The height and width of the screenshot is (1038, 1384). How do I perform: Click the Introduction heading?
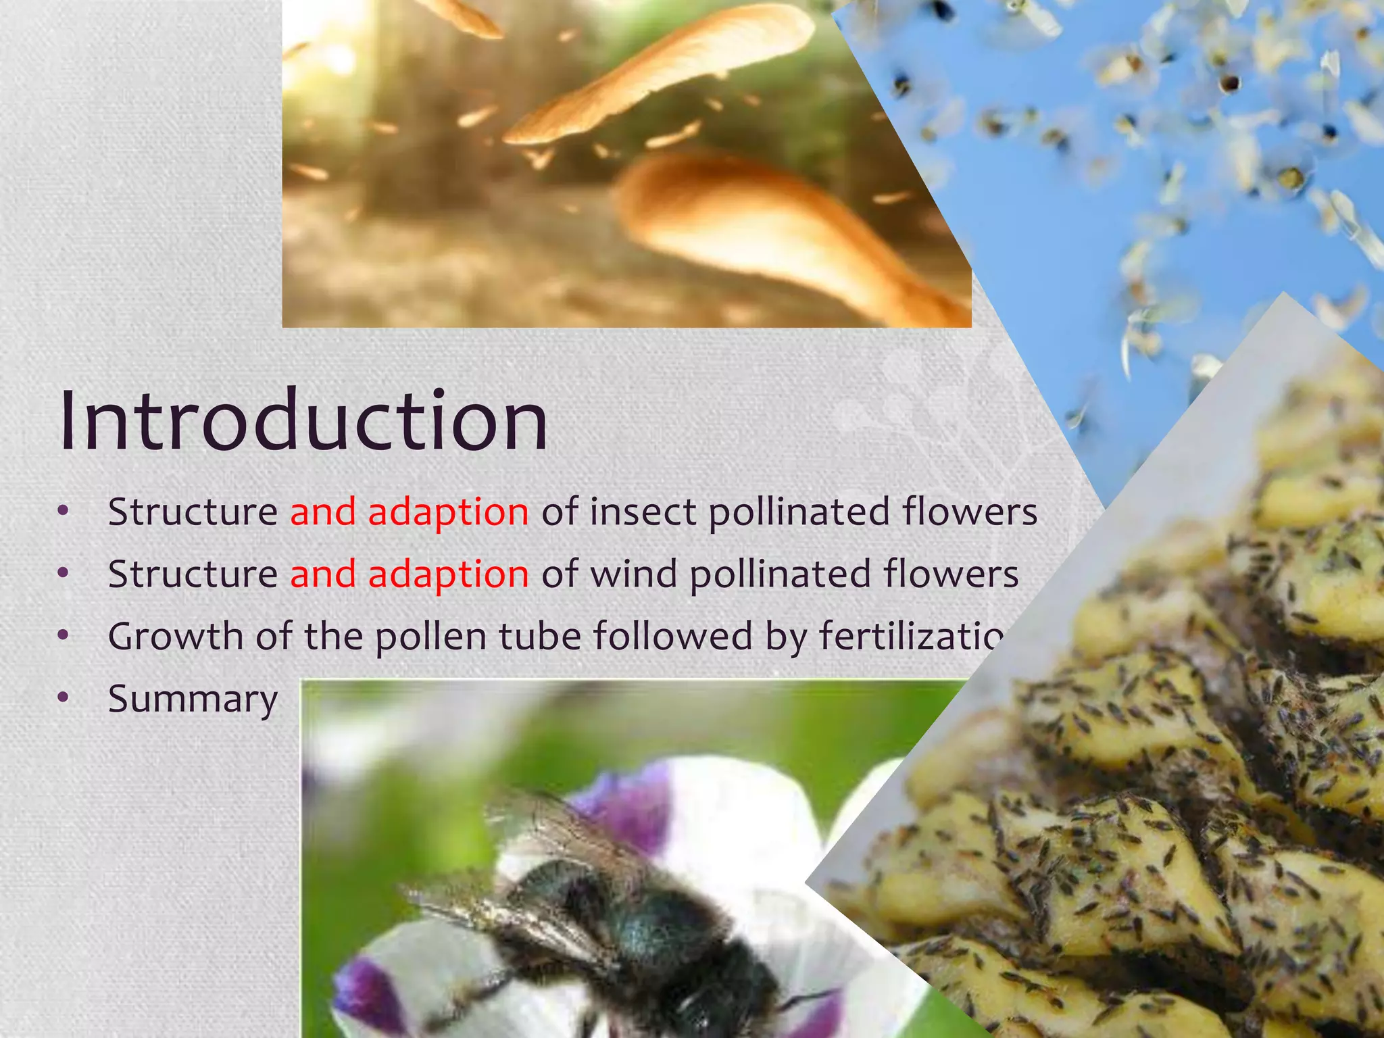coord(303,420)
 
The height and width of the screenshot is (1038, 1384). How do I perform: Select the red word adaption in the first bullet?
coord(448,512)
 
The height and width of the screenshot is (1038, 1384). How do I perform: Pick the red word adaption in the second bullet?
coord(448,575)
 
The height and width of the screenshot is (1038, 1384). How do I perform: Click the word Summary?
coord(193,699)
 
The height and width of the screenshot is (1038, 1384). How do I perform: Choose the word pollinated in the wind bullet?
coord(780,574)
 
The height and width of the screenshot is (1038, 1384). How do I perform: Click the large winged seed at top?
coord(662,74)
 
